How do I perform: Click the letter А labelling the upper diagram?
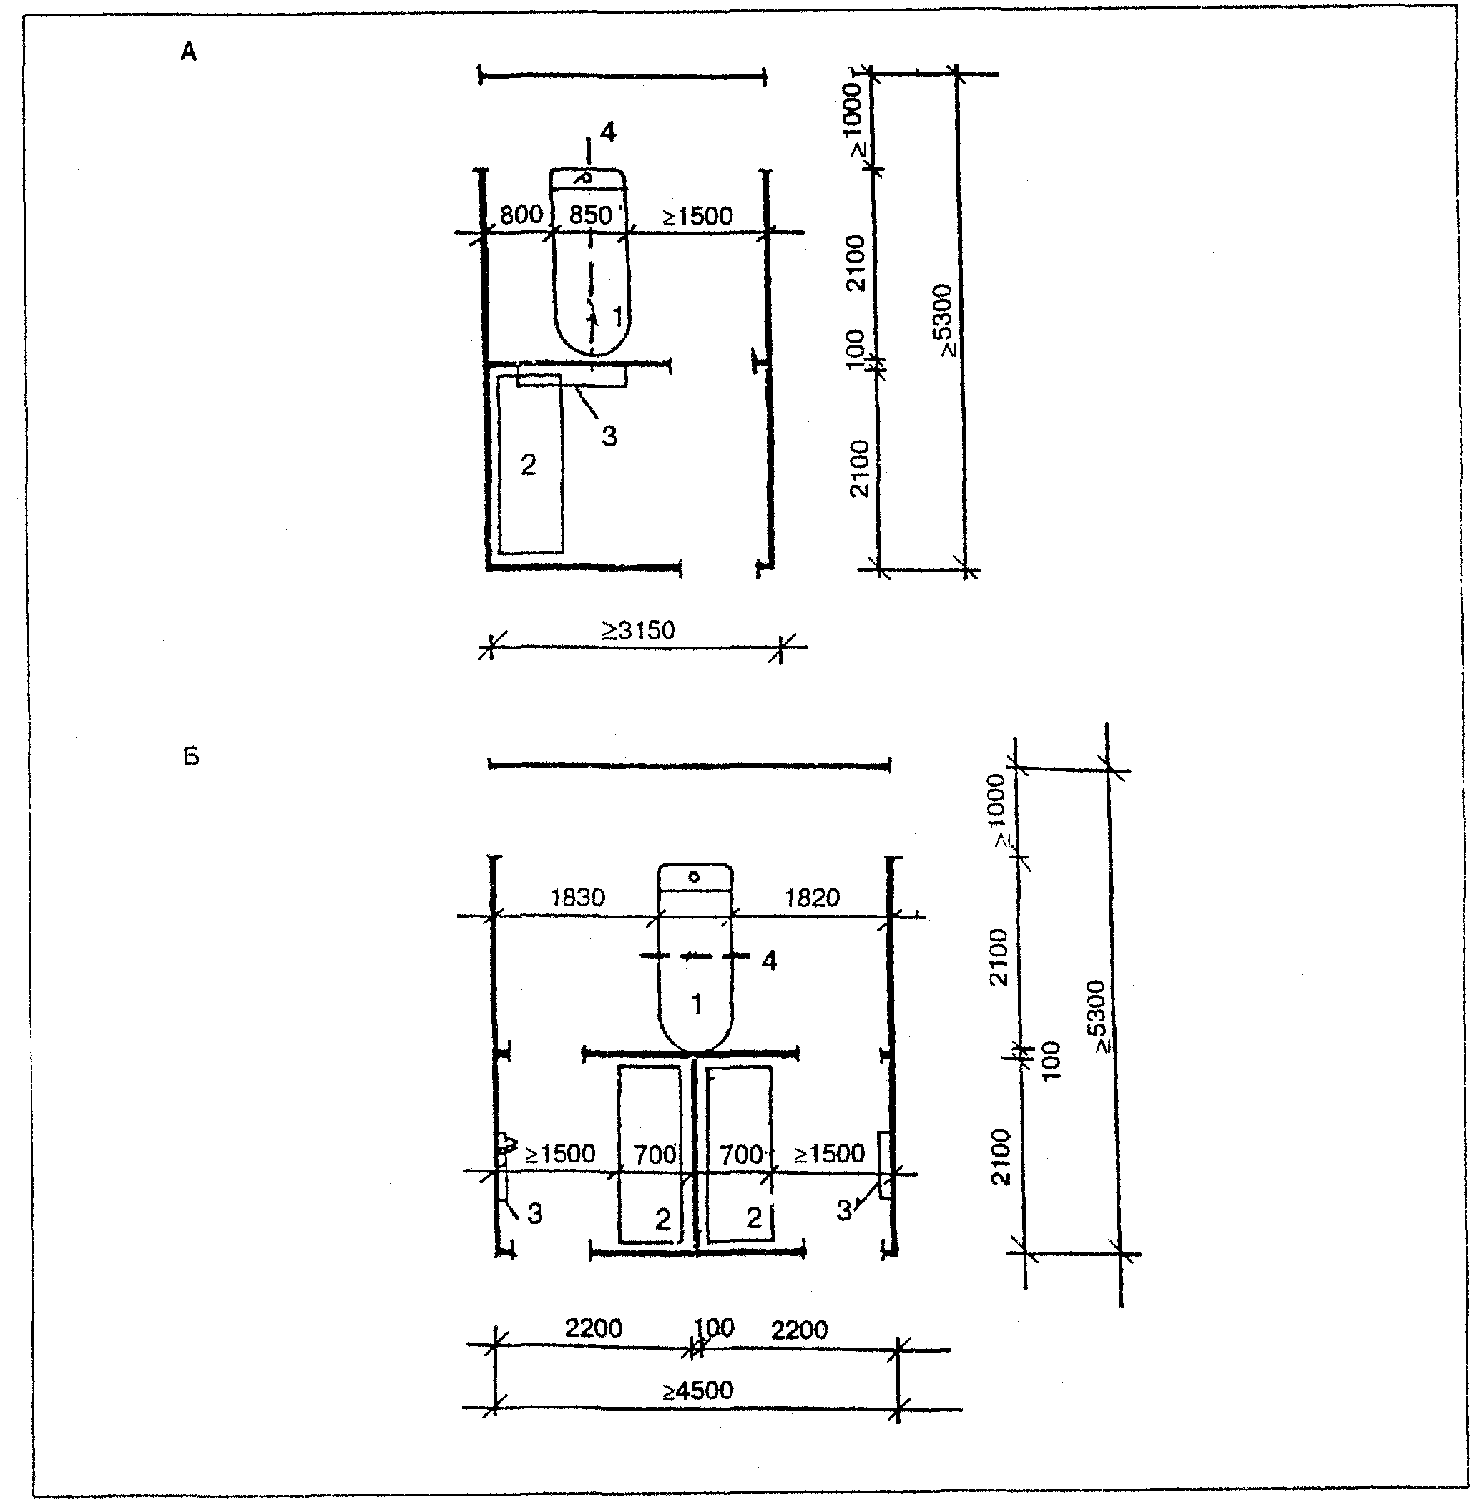(189, 52)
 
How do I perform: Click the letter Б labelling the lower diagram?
(191, 756)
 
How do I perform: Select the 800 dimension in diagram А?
(521, 215)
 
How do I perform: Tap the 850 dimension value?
(591, 215)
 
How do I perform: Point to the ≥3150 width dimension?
(638, 629)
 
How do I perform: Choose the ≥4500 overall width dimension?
(697, 1389)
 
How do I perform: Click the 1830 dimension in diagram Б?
(577, 898)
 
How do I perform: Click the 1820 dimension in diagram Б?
(811, 898)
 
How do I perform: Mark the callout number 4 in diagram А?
(608, 133)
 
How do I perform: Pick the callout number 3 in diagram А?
(609, 436)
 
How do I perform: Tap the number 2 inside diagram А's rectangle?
(529, 465)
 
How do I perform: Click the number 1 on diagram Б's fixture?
(697, 1004)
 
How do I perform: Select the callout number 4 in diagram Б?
(769, 961)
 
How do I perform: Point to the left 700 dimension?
(655, 1155)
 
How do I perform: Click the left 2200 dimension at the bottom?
(593, 1328)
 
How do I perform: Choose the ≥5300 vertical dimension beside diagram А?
(944, 320)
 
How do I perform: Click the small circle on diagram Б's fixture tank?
(694, 877)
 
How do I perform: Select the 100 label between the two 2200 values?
(714, 1327)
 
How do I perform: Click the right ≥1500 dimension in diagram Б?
(828, 1153)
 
